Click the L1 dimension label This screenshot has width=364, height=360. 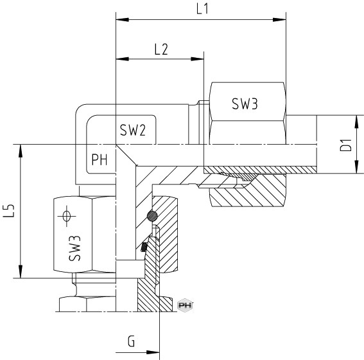tap(202, 9)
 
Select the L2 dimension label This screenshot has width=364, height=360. tap(161, 50)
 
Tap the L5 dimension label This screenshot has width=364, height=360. tap(9, 211)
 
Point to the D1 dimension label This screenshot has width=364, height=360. tap(346, 145)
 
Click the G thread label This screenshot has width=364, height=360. tap(131, 341)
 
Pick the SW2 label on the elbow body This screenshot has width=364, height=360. tap(132, 130)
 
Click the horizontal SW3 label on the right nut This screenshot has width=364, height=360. tap(245, 104)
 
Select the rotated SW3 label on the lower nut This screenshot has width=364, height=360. tap(74, 248)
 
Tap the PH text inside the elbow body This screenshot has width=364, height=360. tap(100, 159)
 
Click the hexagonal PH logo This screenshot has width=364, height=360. tap(185, 305)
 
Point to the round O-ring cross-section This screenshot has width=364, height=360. tap(152, 216)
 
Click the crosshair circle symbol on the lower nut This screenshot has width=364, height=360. tap(67, 216)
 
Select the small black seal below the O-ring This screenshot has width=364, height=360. tap(144, 247)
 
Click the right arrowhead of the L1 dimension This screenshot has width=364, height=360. tap(279, 20)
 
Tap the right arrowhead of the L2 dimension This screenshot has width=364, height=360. tap(197, 59)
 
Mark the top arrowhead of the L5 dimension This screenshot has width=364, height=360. tap(21, 151)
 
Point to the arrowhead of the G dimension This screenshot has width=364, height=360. tap(153, 352)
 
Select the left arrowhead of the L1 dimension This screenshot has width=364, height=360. tap(123, 20)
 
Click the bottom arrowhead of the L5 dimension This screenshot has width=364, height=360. tap(21, 271)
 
